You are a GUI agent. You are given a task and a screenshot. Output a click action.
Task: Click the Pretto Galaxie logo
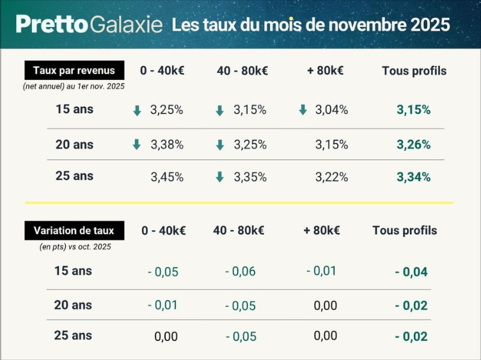89,24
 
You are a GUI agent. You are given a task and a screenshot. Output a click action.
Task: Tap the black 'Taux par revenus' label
74,70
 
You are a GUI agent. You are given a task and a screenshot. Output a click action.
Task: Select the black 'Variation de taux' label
74,230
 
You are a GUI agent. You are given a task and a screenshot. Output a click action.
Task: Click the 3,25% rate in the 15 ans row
166,110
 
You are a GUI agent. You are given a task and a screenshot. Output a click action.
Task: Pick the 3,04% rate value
331,110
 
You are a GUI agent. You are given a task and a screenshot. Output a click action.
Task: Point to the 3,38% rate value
166,145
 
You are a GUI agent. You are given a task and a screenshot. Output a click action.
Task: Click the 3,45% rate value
166,177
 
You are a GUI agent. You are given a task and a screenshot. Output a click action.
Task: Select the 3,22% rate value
331,177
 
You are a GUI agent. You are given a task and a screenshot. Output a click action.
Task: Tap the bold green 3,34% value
413,177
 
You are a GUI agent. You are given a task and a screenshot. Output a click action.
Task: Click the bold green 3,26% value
413,145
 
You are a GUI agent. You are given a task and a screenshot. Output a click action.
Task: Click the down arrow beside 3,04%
303,110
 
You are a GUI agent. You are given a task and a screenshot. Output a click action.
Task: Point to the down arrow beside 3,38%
136,145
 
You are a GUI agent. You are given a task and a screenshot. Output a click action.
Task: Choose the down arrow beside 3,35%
220,177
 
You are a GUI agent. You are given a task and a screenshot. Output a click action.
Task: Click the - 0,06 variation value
240,272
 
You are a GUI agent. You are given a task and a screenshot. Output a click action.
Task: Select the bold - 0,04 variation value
411,272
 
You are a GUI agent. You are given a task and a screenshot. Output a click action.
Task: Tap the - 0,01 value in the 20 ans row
162,305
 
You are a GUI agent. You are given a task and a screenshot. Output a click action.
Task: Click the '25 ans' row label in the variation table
73,335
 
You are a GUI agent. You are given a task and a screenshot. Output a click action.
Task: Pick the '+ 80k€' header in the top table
325,71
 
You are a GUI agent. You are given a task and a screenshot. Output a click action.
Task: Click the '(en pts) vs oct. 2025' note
75,246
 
